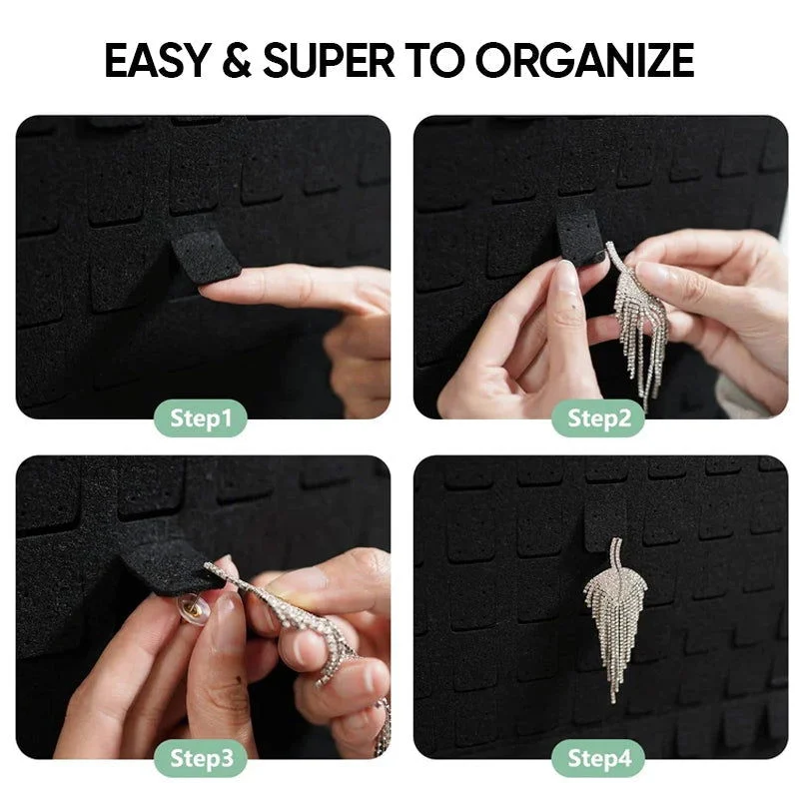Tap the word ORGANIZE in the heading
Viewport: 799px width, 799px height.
(584, 61)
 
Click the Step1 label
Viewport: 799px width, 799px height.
(200, 418)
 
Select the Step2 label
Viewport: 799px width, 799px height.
(599, 418)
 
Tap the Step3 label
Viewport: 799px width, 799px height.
(200, 759)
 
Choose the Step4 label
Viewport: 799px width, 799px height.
(599, 759)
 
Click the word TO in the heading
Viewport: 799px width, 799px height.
(433, 61)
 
